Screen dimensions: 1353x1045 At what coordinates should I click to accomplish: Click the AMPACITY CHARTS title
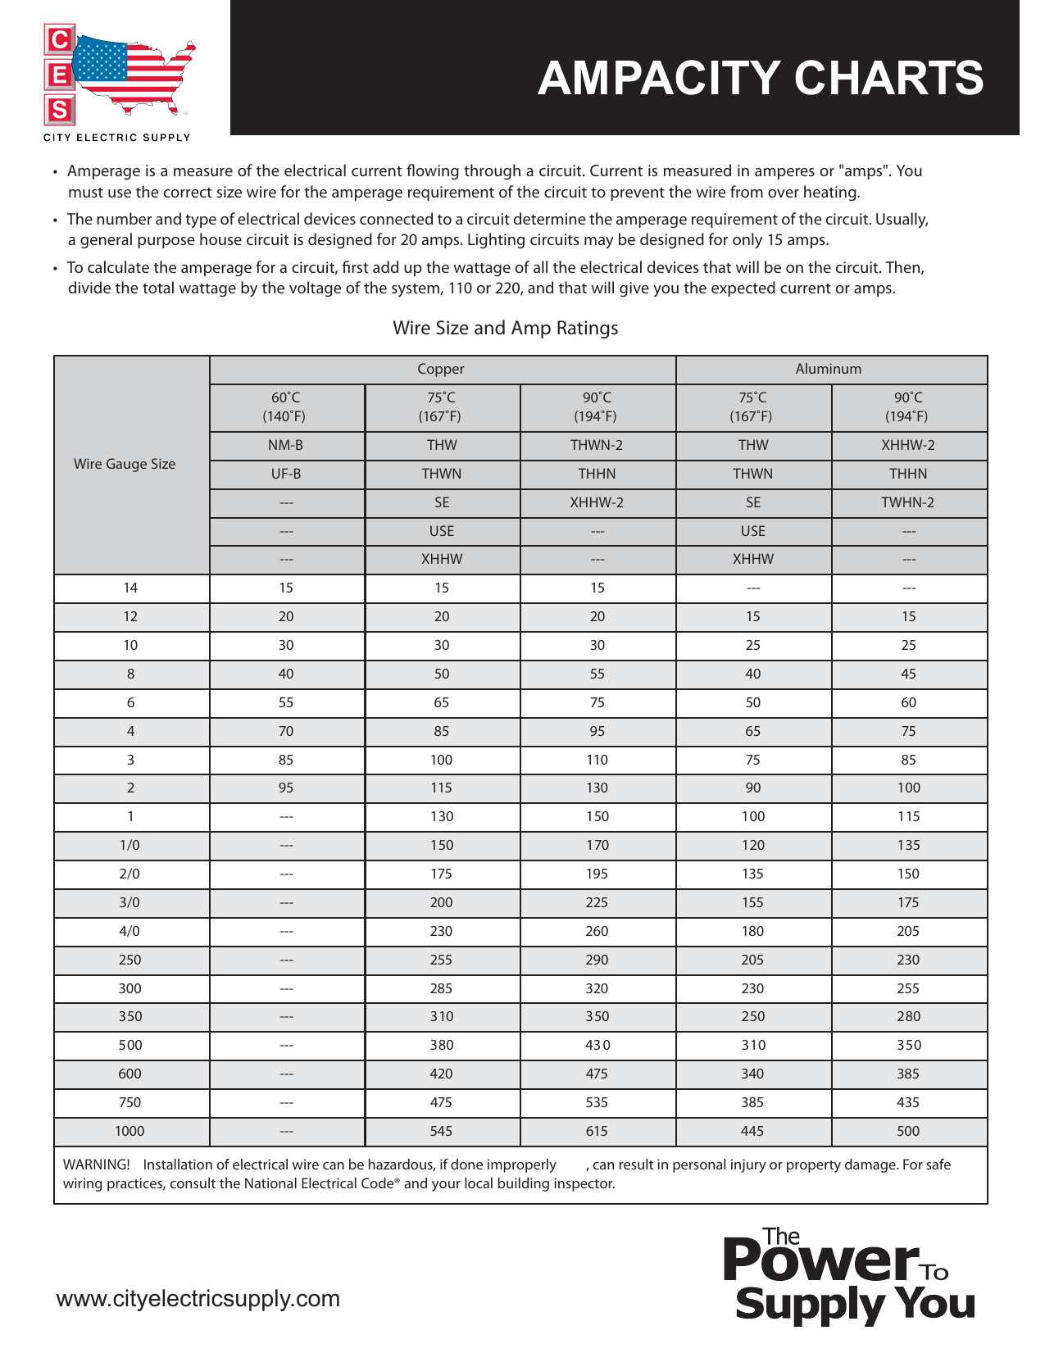[x=760, y=79]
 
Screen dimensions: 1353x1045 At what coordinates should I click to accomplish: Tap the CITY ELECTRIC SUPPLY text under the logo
[x=117, y=138]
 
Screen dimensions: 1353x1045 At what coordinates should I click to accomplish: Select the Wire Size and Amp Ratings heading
[x=505, y=328]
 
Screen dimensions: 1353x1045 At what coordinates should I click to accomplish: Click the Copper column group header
[x=441, y=369]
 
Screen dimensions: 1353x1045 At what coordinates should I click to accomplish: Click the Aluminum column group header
[x=828, y=369]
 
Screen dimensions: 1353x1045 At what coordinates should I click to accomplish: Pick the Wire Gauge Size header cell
[x=125, y=464]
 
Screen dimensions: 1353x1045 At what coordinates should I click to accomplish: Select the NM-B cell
[x=285, y=445]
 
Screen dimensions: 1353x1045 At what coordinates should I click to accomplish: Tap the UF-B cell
[x=285, y=474]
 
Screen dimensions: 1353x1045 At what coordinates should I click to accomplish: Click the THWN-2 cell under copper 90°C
[x=597, y=445]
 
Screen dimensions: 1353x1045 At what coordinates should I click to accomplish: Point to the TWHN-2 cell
[x=907, y=502]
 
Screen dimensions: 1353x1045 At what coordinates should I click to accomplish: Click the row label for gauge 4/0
[x=129, y=931]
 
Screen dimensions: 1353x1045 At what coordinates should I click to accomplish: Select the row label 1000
[x=129, y=1131]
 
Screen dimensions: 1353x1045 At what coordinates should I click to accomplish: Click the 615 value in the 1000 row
[x=597, y=1131]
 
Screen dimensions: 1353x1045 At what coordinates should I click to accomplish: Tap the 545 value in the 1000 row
[x=441, y=1131]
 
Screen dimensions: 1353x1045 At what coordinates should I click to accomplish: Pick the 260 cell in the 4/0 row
[x=597, y=931]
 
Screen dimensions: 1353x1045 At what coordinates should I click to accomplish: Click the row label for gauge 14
[x=130, y=588]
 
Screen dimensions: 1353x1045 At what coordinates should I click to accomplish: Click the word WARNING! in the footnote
[x=96, y=1165]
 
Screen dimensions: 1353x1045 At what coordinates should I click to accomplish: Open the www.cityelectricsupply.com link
[x=198, y=1299]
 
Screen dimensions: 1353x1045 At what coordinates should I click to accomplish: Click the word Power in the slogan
[x=820, y=1262]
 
